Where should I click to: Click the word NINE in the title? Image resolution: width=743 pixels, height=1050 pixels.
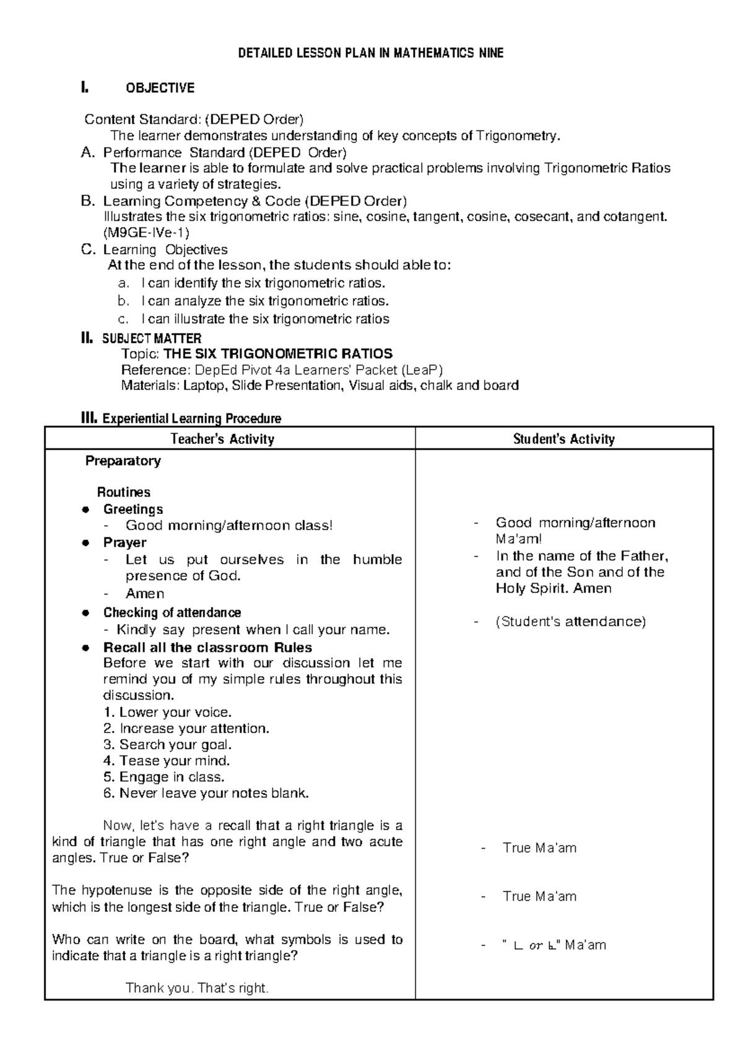(x=490, y=53)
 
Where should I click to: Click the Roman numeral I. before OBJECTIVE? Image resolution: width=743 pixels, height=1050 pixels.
(x=85, y=88)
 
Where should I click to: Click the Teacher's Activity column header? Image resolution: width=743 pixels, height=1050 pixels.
(x=222, y=439)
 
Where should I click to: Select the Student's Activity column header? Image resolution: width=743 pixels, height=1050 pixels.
(x=563, y=439)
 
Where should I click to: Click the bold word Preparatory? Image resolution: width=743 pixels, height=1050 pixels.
(x=123, y=461)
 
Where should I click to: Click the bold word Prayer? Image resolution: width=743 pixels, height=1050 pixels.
(x=124, y=542)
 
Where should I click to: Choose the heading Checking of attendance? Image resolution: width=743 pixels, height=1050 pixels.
(x=172, y=612)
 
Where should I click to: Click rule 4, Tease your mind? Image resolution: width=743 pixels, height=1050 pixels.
(x=167, y=760)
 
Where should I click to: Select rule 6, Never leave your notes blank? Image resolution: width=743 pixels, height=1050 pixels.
(x=206, y=793)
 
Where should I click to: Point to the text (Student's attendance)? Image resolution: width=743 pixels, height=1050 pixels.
(x=570, y=622)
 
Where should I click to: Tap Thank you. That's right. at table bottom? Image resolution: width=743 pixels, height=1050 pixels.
(x=197, y=988)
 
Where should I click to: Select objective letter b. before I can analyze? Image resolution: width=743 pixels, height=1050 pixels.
(x=123, y=302)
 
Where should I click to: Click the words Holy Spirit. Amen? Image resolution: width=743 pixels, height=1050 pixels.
(x=553, y=589)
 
